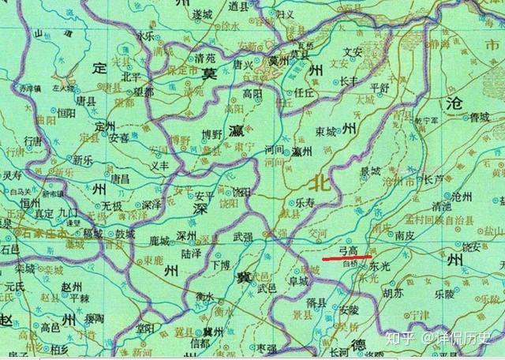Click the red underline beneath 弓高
[347, 257]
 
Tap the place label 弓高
[349, 249]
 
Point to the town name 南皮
[405, 235]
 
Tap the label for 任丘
[303, 92]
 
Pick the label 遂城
[202, 14]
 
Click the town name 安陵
[348, 310]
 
